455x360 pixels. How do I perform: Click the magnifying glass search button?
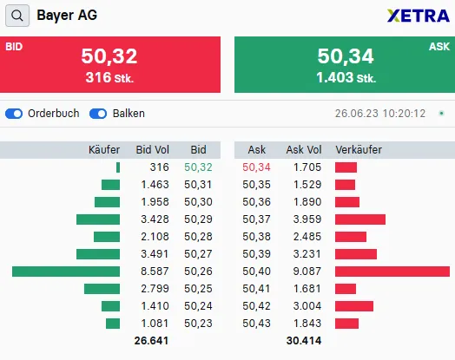[x=16, y=16]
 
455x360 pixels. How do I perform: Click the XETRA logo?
[x=419, y=16]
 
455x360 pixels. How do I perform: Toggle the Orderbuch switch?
[x=14, y=114]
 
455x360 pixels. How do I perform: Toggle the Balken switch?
[x=98, y=114]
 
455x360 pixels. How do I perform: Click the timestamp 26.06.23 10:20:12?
[x=379, y=114]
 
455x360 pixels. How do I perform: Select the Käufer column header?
[x=104, y=150]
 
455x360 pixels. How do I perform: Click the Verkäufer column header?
[x=359, y=150]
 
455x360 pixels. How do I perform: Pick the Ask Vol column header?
[x=304, y=150]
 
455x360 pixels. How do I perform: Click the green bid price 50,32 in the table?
[x=198, y=167]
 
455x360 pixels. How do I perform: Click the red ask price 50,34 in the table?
[x=257, y=167]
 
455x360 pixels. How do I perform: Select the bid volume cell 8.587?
[x=155, y=272]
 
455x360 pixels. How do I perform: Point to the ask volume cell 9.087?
[x=307, y=272]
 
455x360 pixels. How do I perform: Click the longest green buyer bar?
[x=66, y=272]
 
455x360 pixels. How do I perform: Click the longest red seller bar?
[x=392, y=272]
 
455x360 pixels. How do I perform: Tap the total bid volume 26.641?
[x=152, y=341]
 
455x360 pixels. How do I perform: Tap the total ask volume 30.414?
[x=304, y=341]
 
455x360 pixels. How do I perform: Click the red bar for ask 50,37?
[x=360, y=219]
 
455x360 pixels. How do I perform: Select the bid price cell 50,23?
[x=198, y=324]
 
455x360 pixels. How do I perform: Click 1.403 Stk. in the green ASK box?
[x=346, y=78]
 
